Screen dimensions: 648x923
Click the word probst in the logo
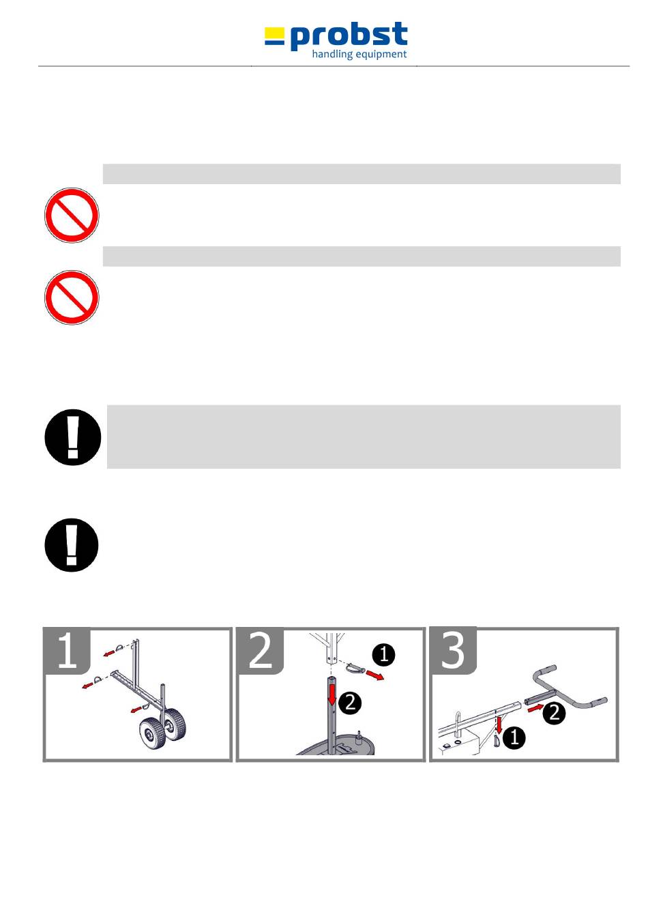349,35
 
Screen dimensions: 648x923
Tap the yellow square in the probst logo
274,33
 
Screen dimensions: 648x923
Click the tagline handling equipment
359,54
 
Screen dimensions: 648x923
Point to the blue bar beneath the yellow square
274,42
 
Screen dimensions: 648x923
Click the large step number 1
67,651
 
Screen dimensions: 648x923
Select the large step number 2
261,651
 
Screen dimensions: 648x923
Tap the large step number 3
453,651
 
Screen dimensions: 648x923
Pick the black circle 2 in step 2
350,703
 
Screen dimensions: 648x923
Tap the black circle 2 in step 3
554,712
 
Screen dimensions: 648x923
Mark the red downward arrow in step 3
499,726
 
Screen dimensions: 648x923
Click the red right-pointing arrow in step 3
536,708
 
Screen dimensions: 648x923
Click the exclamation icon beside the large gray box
72,437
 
